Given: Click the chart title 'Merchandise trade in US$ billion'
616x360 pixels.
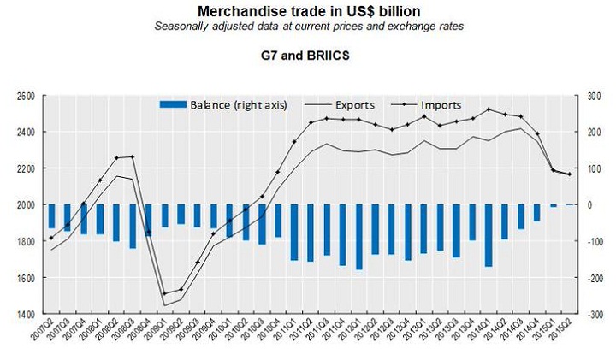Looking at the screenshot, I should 309,11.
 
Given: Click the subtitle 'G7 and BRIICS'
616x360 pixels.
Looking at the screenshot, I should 308,53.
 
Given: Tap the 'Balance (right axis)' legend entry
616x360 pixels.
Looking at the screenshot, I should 223,104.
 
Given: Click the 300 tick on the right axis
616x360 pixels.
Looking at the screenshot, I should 592,96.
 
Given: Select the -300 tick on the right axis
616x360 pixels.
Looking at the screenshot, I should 592,315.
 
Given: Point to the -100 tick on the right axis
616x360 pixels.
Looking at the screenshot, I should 592,242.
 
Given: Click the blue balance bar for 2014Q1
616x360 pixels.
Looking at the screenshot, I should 489,235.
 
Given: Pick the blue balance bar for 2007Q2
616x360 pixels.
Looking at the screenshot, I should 52,216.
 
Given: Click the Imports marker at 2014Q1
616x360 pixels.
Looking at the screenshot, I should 489,109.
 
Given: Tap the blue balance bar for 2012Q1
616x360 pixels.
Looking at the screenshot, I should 358,237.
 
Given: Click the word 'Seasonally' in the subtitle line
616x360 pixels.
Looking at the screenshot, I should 182,27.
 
